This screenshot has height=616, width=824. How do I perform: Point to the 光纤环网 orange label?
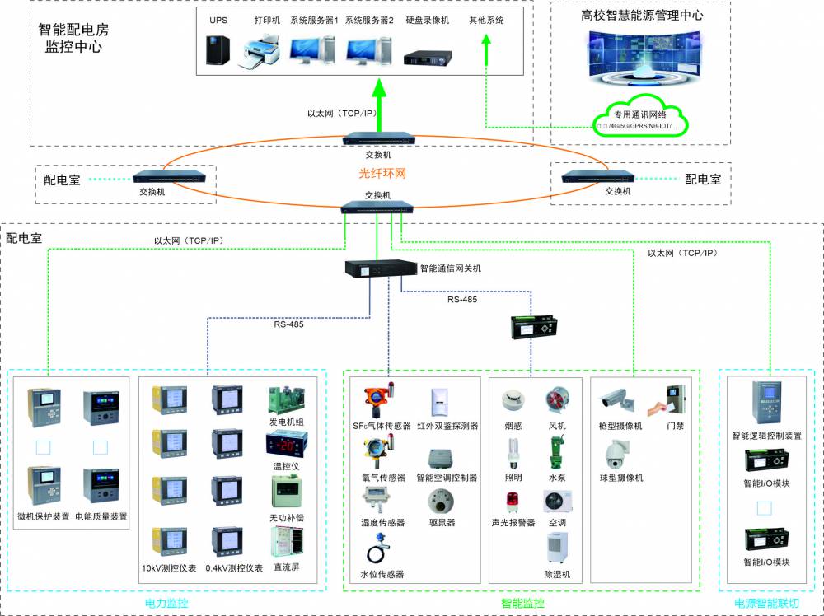tap(382, 174)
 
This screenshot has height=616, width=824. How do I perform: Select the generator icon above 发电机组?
tap(285, 400)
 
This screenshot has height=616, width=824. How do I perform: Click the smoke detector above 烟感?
tap(513, 401)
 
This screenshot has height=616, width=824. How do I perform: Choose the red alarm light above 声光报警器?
tap(513, 501)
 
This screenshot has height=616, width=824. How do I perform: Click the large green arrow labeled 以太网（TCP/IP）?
tap(379, 105)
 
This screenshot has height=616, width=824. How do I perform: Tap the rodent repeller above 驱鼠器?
tap(441, 501)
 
